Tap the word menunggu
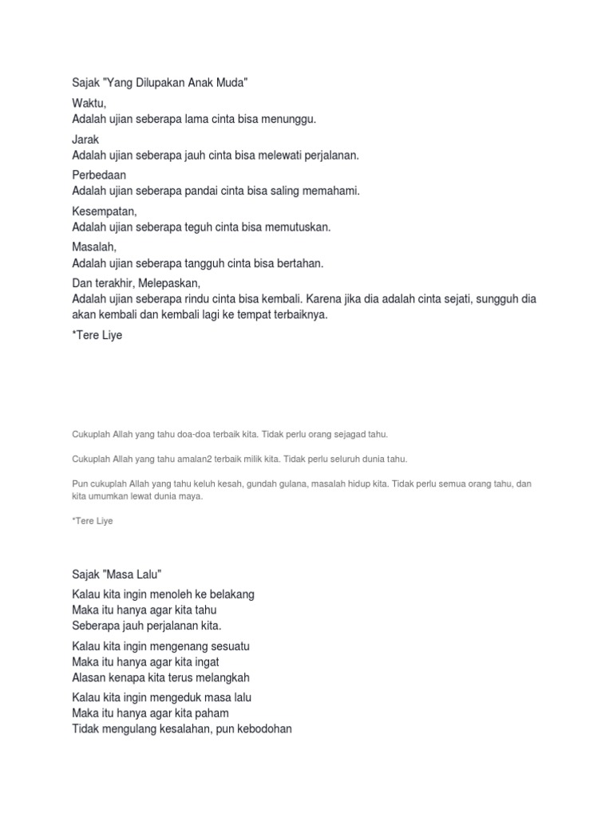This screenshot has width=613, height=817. point(290,119)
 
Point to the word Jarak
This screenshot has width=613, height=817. point(85,140)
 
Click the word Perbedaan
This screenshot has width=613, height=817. point(99,175)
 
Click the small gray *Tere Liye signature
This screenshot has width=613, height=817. point(93,521)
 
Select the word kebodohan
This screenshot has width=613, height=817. point(262,728)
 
